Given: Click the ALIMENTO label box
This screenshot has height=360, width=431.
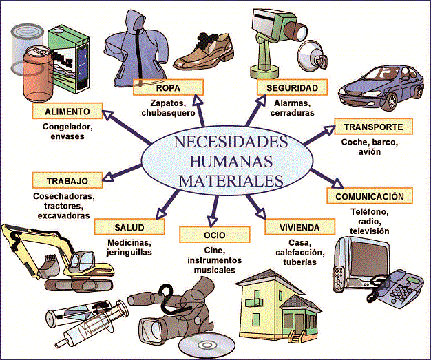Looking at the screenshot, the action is [67, 111].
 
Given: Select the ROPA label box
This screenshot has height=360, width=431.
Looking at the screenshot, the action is [168, 87].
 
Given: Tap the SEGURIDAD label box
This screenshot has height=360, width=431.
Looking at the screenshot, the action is [292, 87].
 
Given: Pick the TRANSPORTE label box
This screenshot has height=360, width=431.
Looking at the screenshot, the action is [374, 127].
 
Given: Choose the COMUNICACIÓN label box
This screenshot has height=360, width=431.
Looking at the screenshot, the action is [370, 196].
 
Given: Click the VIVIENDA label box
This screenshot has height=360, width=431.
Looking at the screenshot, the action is [300, 226].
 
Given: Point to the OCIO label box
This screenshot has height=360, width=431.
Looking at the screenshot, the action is [215, 235].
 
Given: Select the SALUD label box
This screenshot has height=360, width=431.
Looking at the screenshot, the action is [129, 226].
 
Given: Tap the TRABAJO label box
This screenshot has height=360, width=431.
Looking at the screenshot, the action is [67, 180].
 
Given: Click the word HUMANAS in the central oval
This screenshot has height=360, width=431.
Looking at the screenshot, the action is [231, 161].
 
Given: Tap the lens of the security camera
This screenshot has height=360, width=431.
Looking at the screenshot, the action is [301, 31].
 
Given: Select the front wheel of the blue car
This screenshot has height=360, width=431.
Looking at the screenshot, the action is [392, 101].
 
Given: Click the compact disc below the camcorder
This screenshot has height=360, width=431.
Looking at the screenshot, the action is [207, 345].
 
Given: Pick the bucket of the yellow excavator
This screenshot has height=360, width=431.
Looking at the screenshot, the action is [49, 266].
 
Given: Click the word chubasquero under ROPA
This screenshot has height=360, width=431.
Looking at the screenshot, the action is [168, 113].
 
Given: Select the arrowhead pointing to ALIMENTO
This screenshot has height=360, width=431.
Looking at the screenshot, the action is [108, 114].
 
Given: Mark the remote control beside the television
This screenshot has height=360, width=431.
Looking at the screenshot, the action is [338, 278].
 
